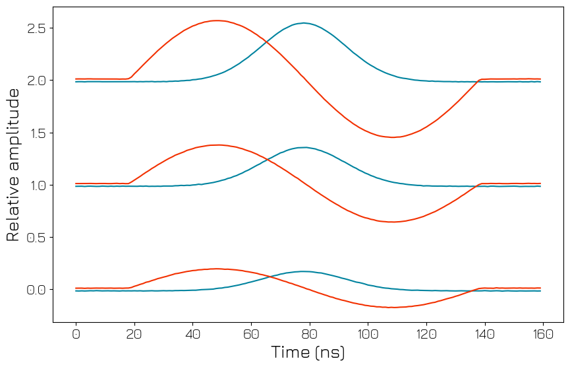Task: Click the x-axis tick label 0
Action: point(76,335)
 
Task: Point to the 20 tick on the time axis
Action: point(134,335)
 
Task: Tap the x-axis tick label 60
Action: point(251,335)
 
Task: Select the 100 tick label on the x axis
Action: point(368,335)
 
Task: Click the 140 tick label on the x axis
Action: point(484,335)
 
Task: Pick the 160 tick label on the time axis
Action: point(542,335)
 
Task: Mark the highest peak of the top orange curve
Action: point(217,20)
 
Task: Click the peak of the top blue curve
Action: point(303,23)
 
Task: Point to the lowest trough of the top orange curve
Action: point(392,137)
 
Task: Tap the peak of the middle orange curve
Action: point(217,145)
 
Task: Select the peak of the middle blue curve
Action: point(303,147)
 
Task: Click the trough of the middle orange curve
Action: point(392,222)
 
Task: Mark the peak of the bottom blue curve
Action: point(303,271)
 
